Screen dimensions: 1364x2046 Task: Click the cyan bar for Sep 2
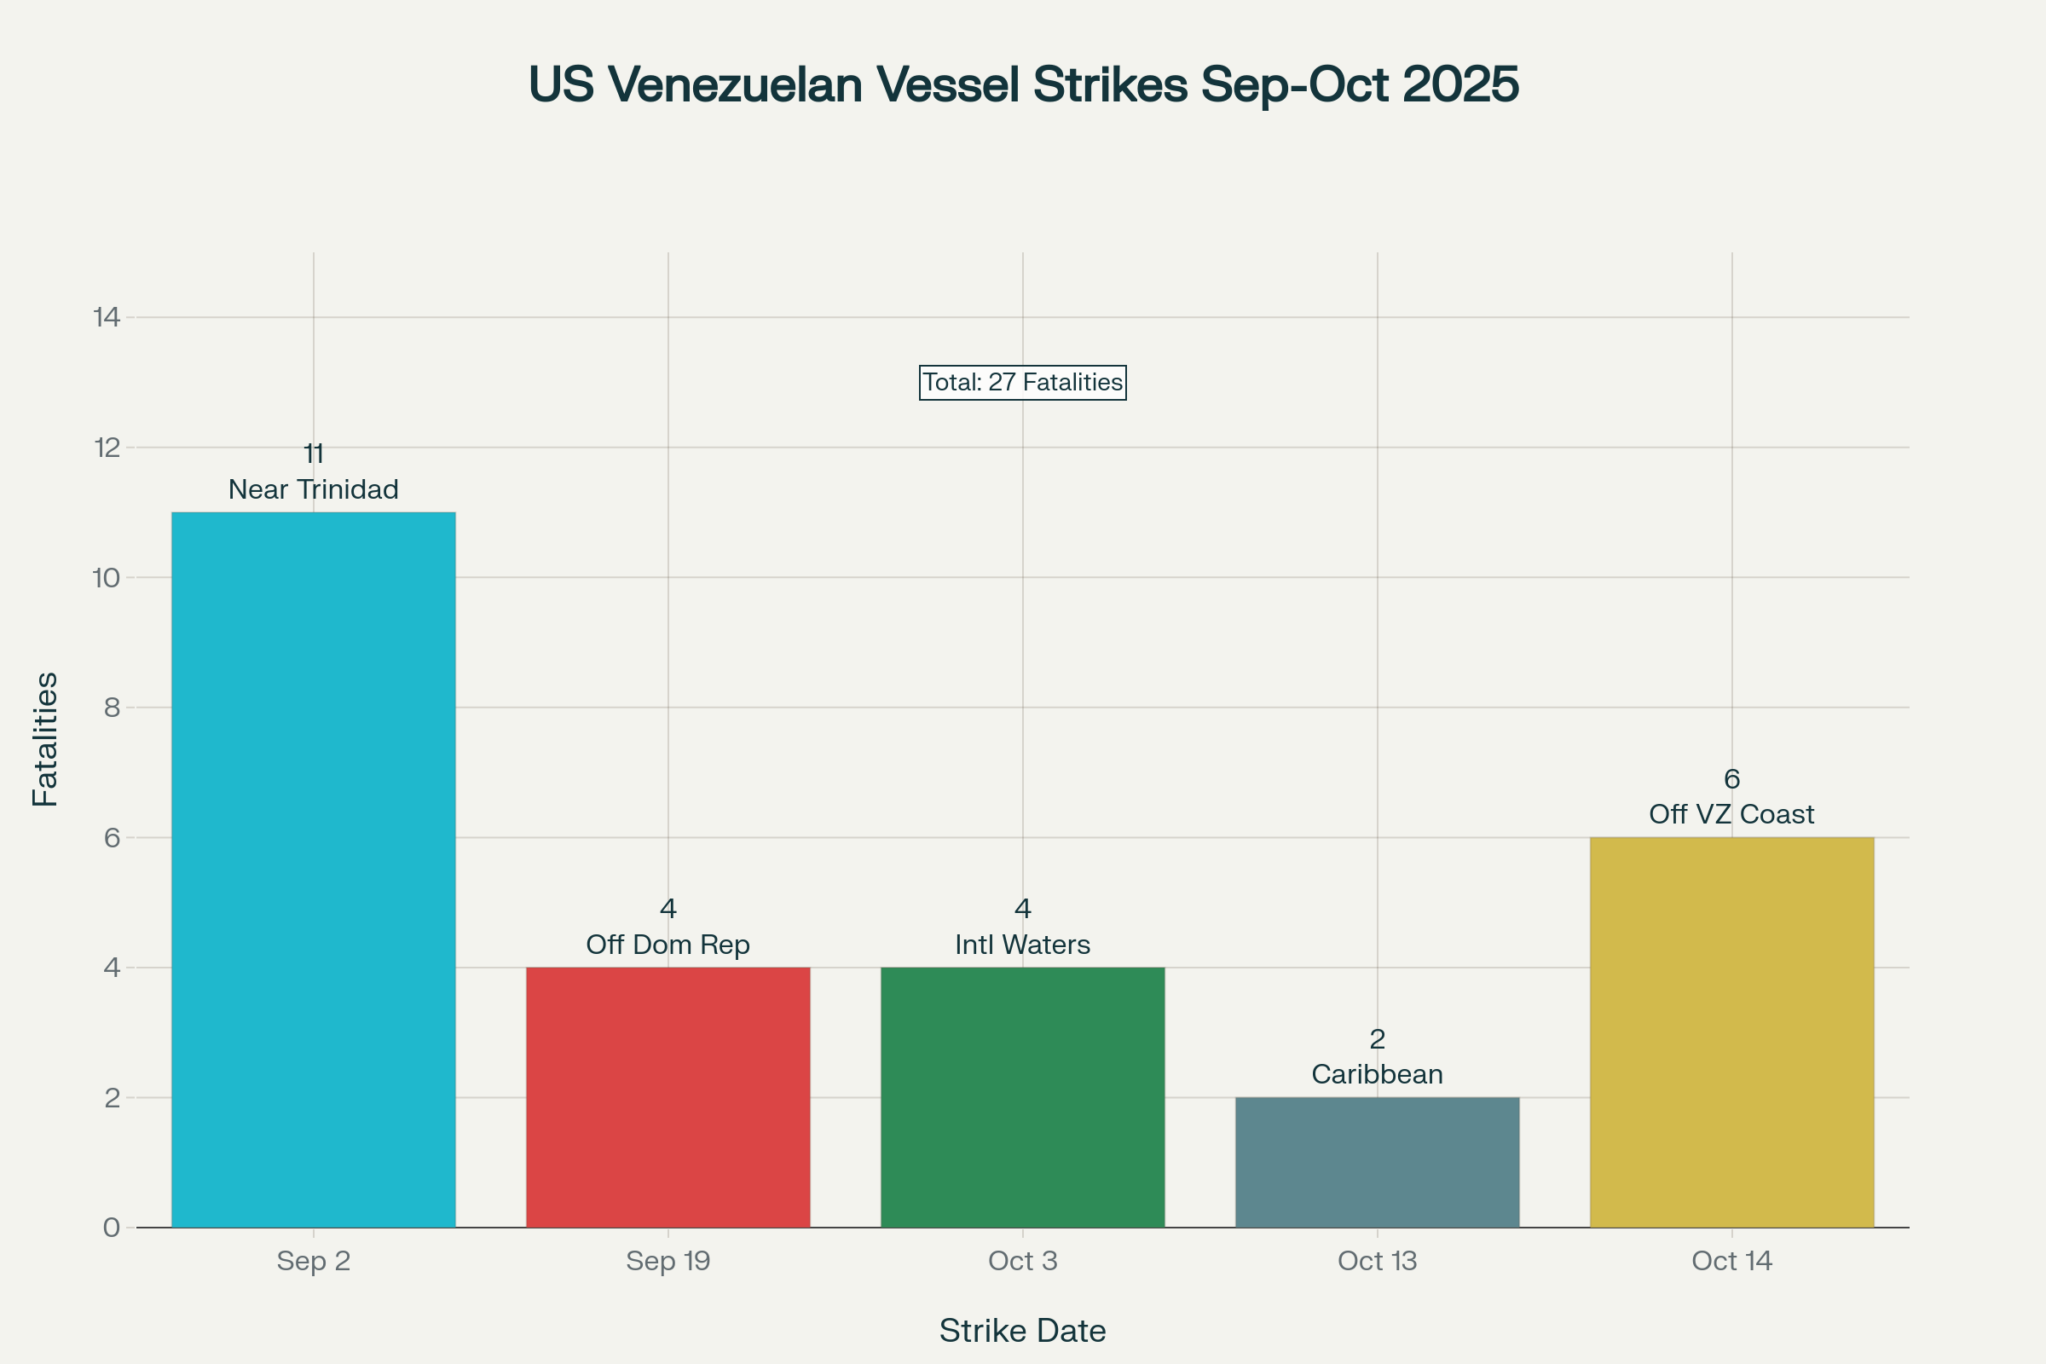[313, 870]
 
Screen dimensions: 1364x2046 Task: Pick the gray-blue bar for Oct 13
[1377, 1162]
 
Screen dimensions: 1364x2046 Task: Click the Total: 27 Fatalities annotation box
[1022, 383]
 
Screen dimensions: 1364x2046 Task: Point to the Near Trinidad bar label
[313, 489]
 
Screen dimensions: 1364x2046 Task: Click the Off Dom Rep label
[668, 945]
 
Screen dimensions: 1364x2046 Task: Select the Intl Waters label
[1022, 945]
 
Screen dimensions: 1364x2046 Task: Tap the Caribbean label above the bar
[1377, 1074]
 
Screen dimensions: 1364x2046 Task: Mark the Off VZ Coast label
[1732, 814]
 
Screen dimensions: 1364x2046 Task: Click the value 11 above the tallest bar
[313, 454]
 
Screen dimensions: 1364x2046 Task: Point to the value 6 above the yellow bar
[1732, 778]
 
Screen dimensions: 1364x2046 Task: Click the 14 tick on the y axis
[107, 317]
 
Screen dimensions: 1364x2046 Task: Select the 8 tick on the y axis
[112, 708]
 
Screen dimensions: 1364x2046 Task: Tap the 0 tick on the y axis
[112, 1228]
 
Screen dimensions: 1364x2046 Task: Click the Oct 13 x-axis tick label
[1377, 1261]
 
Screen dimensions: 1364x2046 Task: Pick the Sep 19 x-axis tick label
[668, 1261]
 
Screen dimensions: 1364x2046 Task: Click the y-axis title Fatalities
[45, 739]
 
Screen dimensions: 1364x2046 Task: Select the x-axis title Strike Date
[1022, 1331]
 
